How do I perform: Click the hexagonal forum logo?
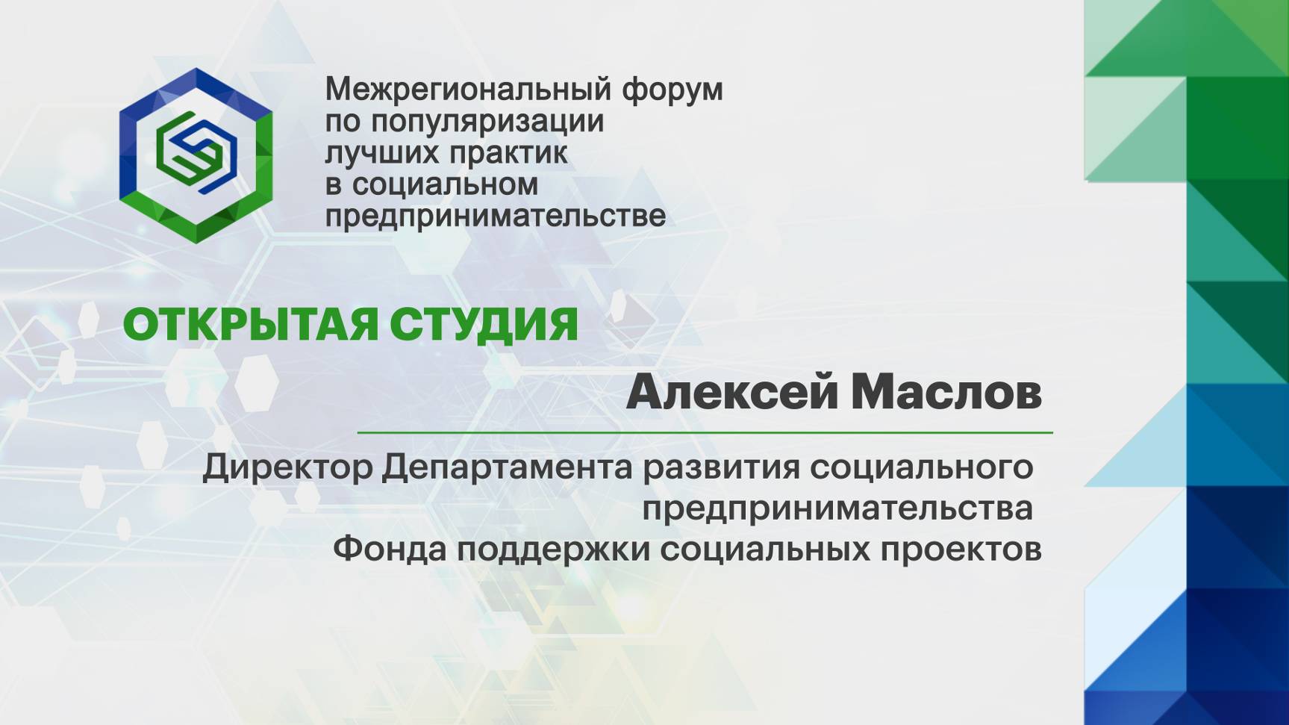point(196,155)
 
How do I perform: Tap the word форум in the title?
point(672,89)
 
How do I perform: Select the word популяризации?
point(487,121)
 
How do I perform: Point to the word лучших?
point(380,153)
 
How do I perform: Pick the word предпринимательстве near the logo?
point(495,216)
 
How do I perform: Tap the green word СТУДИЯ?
point(484,325)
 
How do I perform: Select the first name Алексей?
point(732,392)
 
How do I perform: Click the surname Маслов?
point(946,392)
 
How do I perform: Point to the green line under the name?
point(705,432)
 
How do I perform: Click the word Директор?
point(287,468)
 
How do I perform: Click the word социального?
point(921,468)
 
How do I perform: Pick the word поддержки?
point(552,549)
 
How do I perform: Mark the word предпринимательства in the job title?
point(837,509)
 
